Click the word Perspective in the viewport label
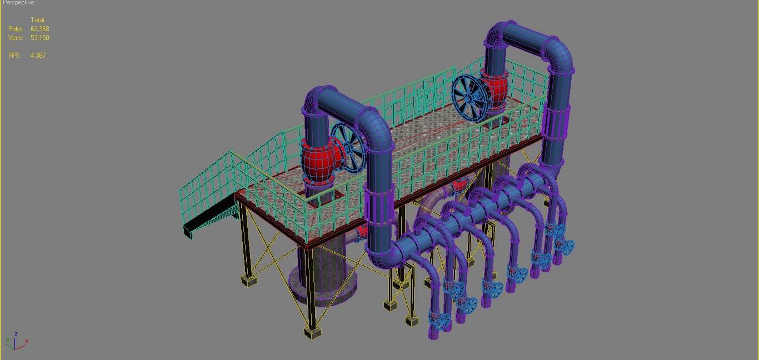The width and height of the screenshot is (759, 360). pyautogui.click(x=18, y=3)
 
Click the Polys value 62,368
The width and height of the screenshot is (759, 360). pyautogui.click(x=40, y=29)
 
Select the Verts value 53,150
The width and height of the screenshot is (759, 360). pyautogui.click(x=40, y=38)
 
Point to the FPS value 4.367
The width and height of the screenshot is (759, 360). pyautogui.click(x=38, y=56)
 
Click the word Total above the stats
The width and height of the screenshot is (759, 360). pyautogui.click(x=37, y=20)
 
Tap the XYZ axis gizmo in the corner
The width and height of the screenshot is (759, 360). pyautogui.click(x=16, y=341)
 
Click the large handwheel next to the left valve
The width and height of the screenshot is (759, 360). pyautogui.click(x=349, y=147)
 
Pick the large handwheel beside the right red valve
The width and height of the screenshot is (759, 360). pyautogui.click(x=471, y=96)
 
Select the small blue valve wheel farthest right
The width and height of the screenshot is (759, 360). pyautogui.click(x=567, y=247)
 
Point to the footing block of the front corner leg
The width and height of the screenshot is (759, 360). pyautogui.click(x=313, y=332)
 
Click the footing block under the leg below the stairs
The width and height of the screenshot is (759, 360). pyautogui.click(x=249, y=281)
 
